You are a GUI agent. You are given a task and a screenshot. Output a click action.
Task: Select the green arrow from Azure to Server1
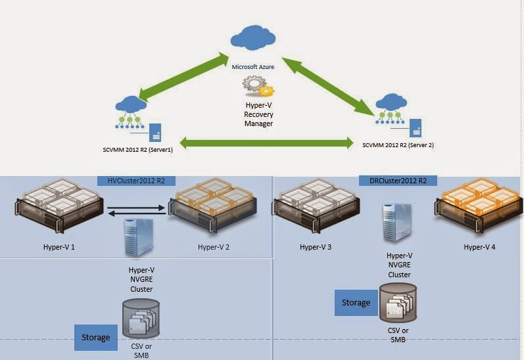(x=187, y=78)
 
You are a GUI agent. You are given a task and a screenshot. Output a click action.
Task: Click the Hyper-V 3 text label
(x=317, y=248)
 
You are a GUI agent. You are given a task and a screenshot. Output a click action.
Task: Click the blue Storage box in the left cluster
(x=95, y=337)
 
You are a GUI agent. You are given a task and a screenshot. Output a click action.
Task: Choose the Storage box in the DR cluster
(x=356, y=303)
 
